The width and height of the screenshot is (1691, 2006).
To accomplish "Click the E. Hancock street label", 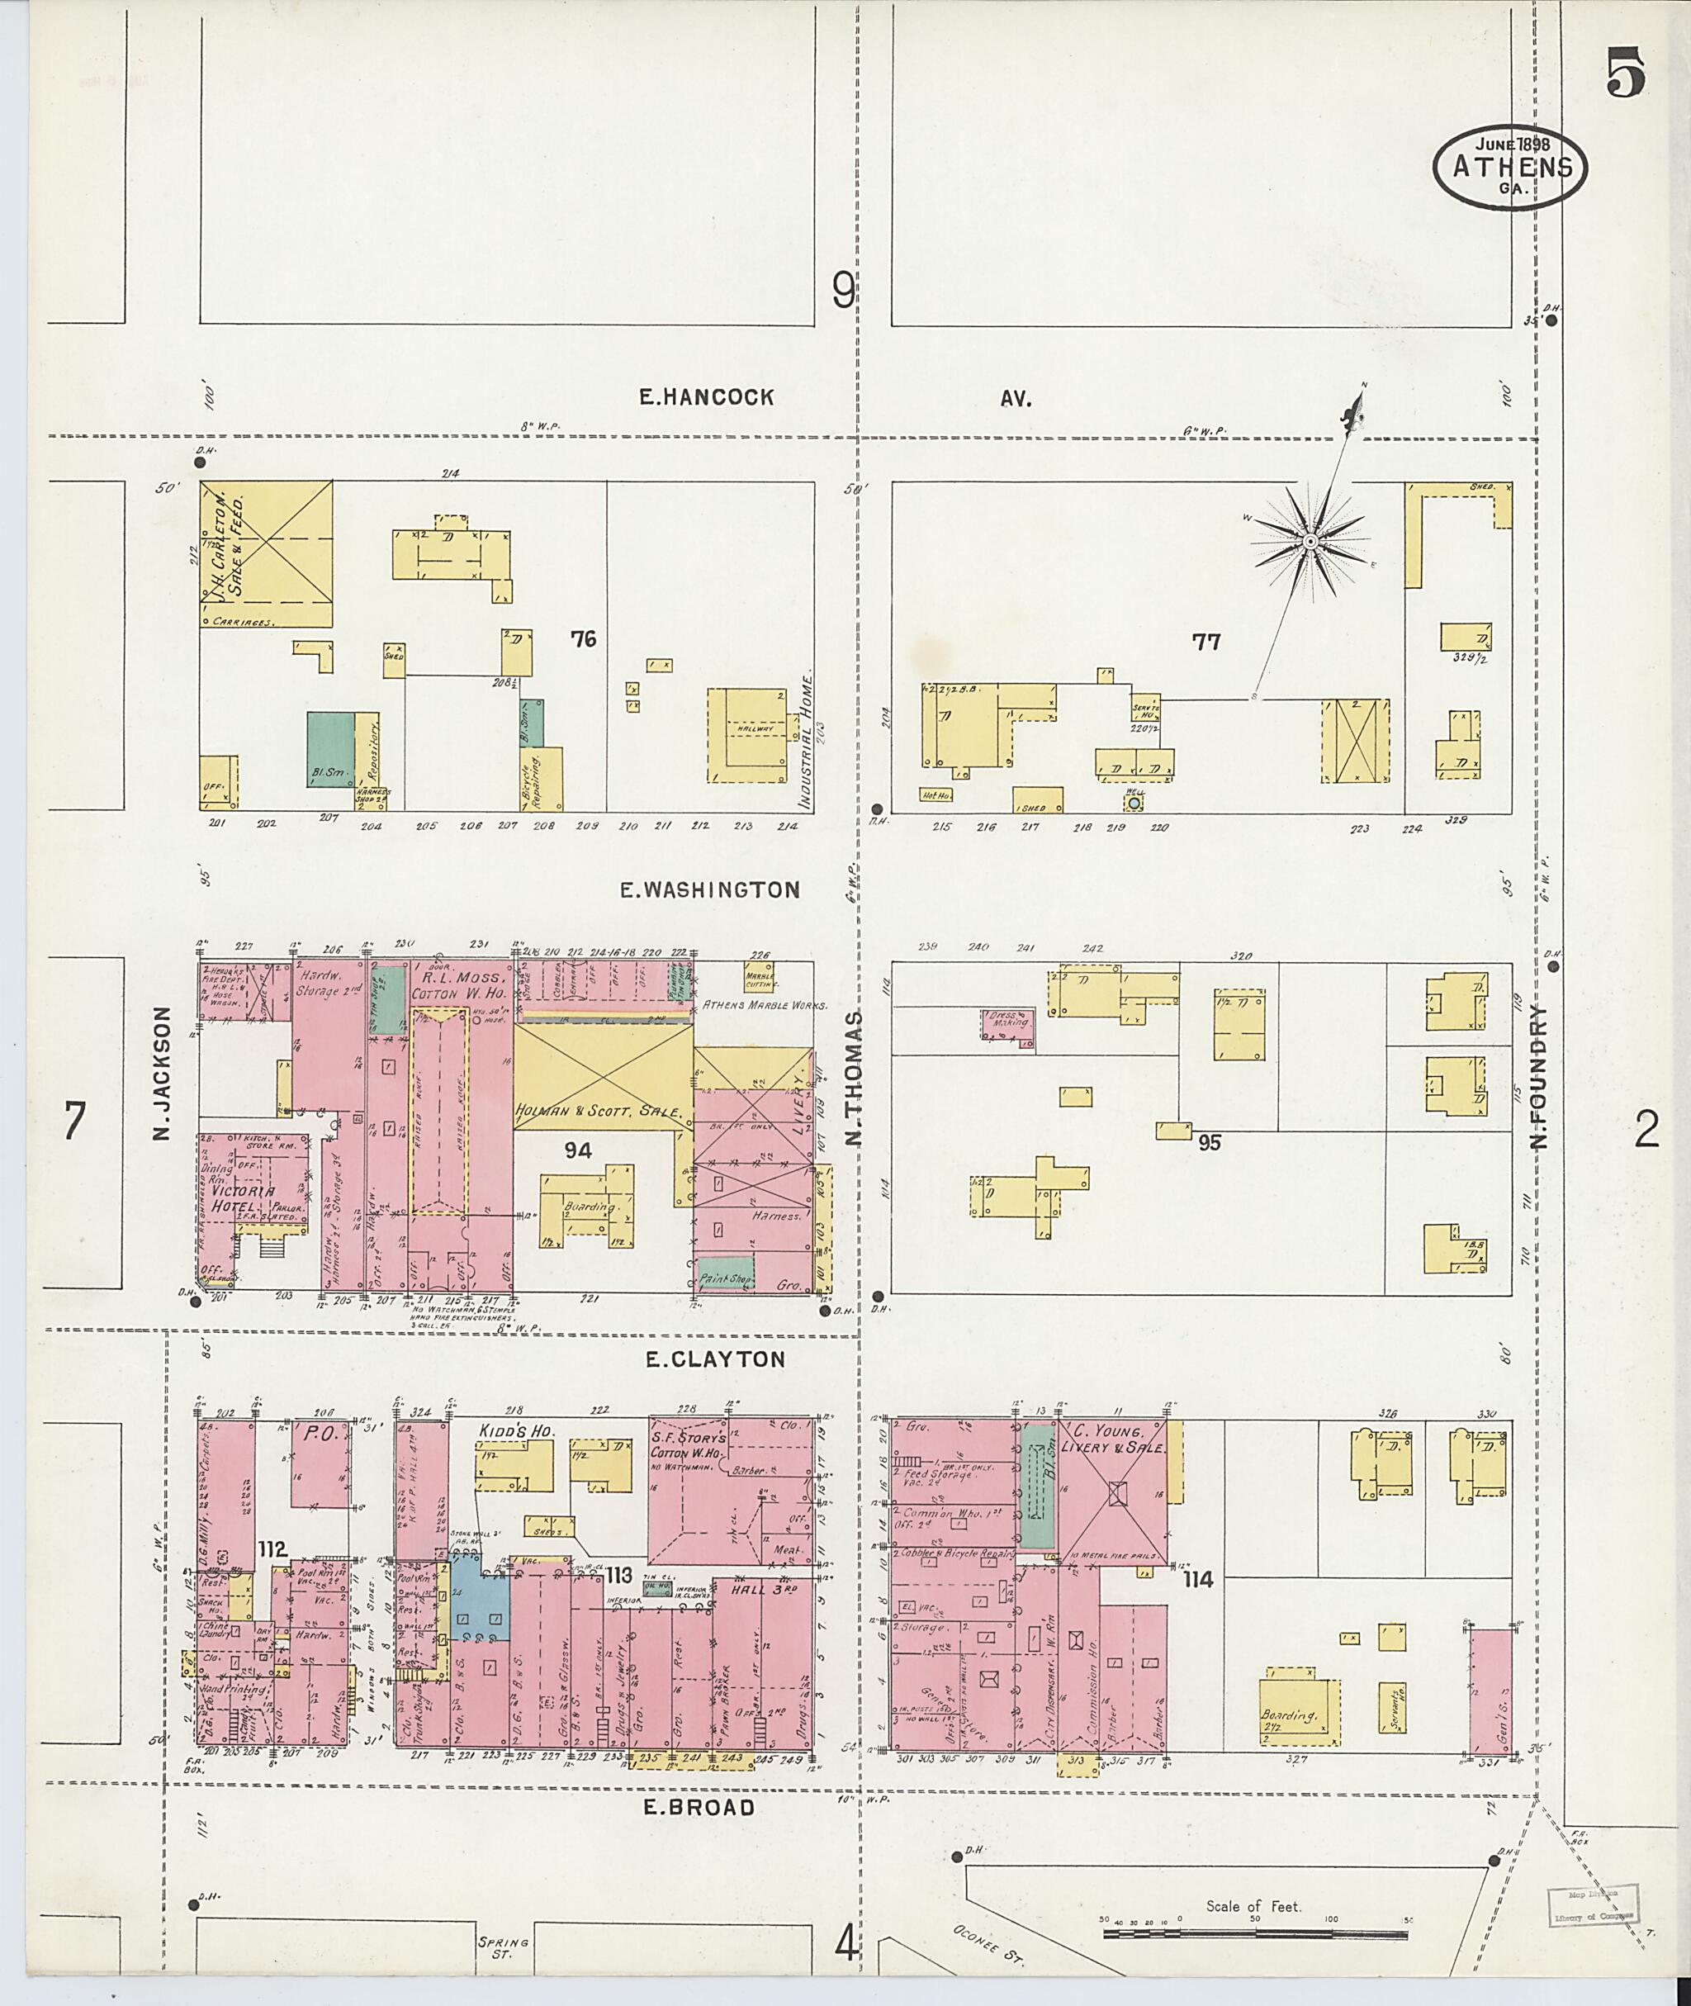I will pos(707,398).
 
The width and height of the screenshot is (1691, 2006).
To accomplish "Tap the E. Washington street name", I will pos(709,889).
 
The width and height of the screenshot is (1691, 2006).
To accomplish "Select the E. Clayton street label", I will pos(714,1359).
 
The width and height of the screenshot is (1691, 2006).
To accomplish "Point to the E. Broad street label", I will pos(698,1808).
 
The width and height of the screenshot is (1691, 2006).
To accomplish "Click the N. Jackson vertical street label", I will pos(161,1073).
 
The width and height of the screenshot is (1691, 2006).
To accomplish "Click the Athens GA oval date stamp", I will pos(1510,166).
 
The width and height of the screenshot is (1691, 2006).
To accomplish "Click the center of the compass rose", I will pos(1310,543).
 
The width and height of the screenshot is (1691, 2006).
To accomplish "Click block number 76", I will pos(583,638).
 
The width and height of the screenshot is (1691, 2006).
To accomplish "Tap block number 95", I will pos(1209,1142).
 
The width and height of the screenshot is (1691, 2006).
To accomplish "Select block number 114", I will pos(1198,1579).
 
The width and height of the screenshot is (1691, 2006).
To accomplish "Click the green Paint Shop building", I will pos(725,1273).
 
